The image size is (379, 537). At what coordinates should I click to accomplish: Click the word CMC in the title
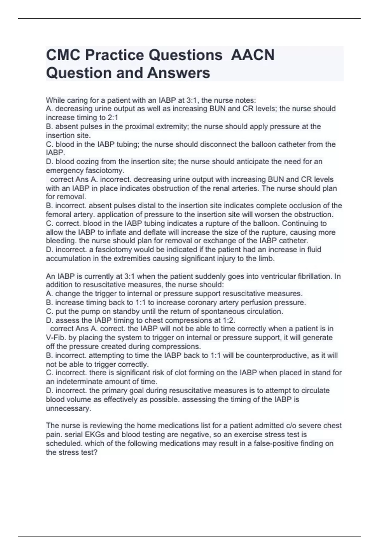(x=63, y=55)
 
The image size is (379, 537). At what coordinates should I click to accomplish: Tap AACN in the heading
(x=253, y=55)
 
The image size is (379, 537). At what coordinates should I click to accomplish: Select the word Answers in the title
(x=178, y=73)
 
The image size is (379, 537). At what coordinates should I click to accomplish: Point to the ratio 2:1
(x=112, y=118)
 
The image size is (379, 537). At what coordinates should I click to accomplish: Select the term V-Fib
(x=56, y=338)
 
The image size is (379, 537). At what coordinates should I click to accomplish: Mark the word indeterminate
(x=80, y=382)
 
